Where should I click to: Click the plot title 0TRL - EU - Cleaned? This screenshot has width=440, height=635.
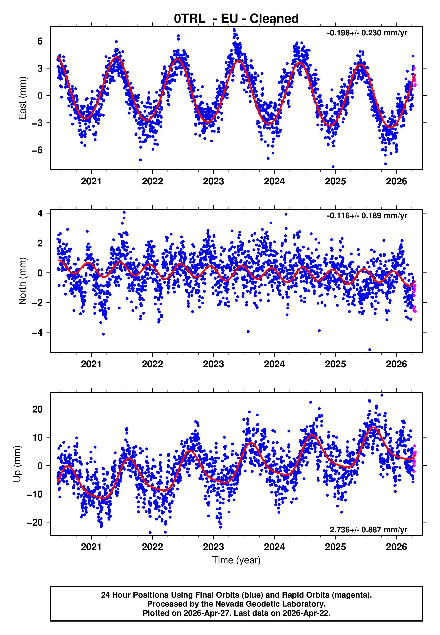pos(236,19)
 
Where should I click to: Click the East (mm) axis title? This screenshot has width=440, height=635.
pos(22,98)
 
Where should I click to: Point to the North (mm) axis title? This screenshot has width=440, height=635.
pos(22,281)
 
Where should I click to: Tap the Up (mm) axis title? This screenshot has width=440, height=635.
pos(17,464)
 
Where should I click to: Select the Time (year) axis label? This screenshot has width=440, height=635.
pos(236,560)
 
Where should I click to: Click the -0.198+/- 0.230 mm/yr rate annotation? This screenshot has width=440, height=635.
pos(367,33)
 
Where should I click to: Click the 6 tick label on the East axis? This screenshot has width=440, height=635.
pos(40,41)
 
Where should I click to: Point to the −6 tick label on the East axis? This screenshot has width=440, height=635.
pos(37,150)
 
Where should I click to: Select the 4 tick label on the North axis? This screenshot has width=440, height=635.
pos(40,213)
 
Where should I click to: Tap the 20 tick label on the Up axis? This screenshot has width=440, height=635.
pos(38,409)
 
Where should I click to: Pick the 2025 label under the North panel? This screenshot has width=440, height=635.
pos(335,364)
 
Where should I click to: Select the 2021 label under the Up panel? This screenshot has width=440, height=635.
pos(91,547)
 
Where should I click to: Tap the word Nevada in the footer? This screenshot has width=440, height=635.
pos(228,604)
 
